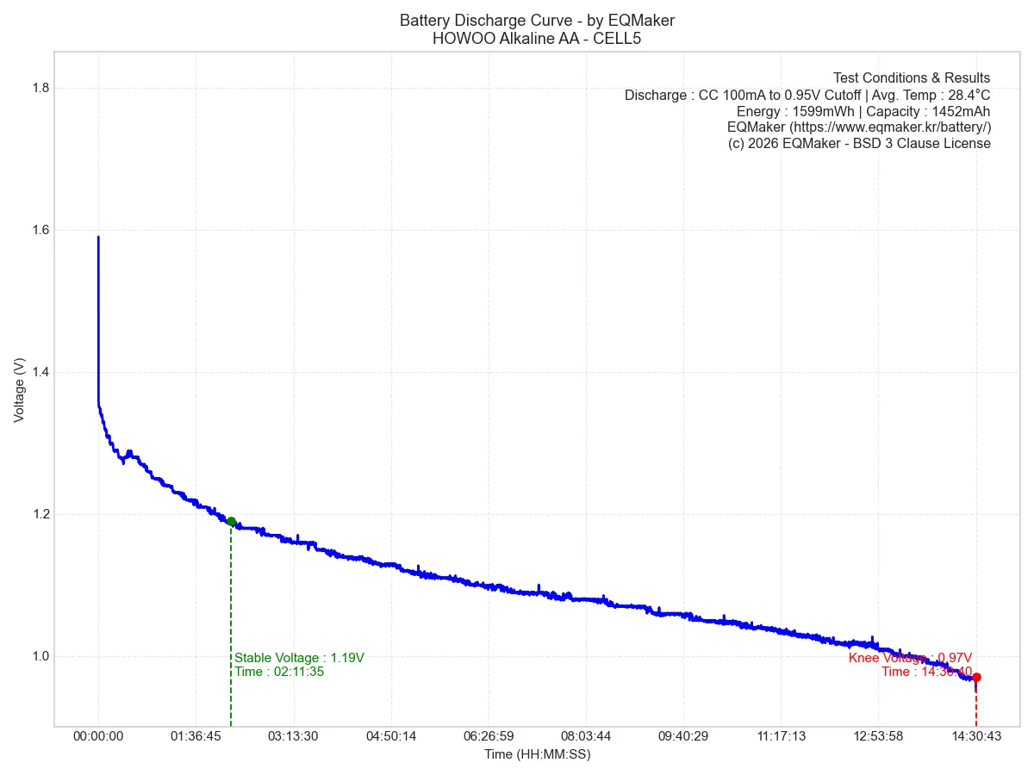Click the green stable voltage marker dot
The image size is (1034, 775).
[231, 521]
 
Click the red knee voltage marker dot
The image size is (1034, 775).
[976, 677]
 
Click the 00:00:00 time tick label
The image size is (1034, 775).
[98, 736]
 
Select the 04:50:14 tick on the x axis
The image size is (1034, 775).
[391, 736]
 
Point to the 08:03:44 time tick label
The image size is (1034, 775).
[586, 736]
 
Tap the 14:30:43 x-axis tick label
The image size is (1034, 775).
[975, 736]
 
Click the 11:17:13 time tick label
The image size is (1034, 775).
[781, 736]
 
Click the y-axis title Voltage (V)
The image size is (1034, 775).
[19, 389]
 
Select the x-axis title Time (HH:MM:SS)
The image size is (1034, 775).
[537, 754]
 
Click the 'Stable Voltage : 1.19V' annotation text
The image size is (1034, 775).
[299, 658]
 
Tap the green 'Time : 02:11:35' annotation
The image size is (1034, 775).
[279, 672]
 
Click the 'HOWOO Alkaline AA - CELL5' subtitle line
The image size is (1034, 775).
[537, 39]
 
